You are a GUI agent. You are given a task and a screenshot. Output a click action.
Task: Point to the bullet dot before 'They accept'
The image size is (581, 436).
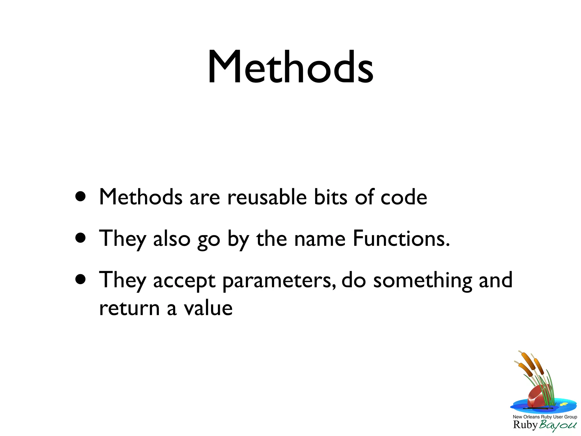point(81,279)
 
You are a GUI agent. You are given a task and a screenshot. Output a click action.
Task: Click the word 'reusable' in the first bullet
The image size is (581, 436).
point(267,197)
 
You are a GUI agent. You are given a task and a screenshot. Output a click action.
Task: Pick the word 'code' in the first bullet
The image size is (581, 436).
point(404,197)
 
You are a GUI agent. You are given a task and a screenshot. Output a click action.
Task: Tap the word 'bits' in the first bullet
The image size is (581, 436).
point(331,197)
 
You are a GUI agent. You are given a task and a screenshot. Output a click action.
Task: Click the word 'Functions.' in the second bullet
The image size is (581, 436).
point(401,238)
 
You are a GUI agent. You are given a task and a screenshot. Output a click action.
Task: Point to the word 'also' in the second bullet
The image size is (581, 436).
point(172,238)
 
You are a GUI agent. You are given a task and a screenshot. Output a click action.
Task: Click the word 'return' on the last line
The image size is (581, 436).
point(129,308)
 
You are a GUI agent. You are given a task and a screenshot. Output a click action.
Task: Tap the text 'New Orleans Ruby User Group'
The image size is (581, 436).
point(545,417)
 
